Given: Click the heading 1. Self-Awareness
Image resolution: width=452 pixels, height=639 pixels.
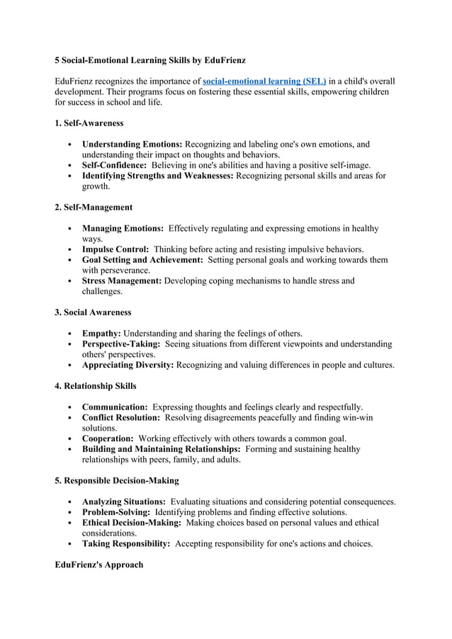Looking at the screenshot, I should coord(89,123).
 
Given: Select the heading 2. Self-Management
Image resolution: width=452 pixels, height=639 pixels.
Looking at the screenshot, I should coord(94,208).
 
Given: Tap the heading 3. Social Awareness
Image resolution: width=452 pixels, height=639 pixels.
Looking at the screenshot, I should coord(93,312).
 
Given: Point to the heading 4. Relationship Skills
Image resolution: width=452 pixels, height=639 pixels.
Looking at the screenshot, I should coord(96,386).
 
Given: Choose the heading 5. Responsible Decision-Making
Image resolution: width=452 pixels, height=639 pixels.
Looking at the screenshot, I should coord(117,480).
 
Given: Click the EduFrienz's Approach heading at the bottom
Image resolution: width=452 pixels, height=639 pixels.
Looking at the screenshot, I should coord(99,565).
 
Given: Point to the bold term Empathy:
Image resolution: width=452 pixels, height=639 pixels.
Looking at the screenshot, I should coord(101,333).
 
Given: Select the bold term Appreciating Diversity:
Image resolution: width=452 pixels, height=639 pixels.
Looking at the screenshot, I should coord(128,365).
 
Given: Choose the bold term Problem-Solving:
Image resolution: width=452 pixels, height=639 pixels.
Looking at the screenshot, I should coord(116,511).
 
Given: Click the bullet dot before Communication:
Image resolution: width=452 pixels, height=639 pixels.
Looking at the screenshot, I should coord(68,407).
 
